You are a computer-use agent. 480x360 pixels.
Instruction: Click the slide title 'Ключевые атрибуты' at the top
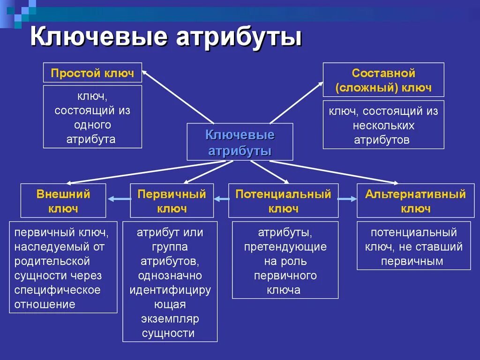pyautogui.click(x=166, y=38)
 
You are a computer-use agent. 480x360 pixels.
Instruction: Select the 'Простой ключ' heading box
pyautogui.click(x=92, y=74)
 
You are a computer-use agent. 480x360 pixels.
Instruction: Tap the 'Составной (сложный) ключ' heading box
pyautogui.click(x=383, y=80)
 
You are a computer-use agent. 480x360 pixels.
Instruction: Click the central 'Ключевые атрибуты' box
pyautogui.click(x=240, y=142)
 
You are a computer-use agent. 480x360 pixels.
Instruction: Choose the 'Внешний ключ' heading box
pyautogui.click(x=63, y=201)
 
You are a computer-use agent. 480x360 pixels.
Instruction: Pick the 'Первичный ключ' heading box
pyautogui.click(x=172, y=201)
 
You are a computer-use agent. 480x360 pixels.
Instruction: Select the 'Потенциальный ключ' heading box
pyautogui.click(x=283, y=201)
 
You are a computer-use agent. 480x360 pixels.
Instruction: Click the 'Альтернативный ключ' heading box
pyautogui.click(x=415, y=201)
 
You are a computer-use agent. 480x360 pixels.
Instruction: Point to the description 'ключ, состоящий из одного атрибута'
pyautogui.click(x=92, y=117)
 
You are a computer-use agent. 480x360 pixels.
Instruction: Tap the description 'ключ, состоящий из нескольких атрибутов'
pyautogui.click(x=383, y=125)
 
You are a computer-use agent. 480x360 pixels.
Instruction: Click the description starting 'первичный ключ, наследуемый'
pyautogui.click(x=63, y=268)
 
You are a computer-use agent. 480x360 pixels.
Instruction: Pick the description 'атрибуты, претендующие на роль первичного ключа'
pyautogui.click(x=285, y=261)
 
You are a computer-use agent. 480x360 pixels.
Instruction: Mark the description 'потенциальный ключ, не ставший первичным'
pyautogui.click(x=414, y=247)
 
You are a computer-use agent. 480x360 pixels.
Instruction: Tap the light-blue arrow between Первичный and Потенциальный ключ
pyautogui.click(x=221, y=200)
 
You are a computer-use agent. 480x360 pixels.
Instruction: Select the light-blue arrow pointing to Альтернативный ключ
pyautogui.click(x=347, y=200)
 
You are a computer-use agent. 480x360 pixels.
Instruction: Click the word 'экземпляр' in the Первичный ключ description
pyautogui.click(x=170, y=319)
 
